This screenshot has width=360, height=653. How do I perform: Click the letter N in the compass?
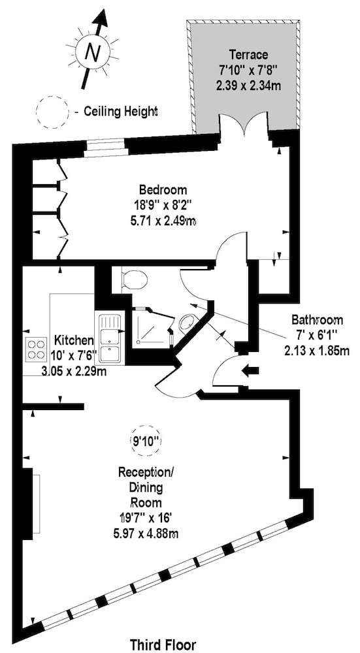[93, 52]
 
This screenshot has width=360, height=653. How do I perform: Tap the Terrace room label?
[248, 54]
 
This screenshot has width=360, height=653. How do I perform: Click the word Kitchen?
[74, 340]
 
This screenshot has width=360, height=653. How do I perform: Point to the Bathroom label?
[317, 320]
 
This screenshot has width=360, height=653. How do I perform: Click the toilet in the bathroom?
[134, 279]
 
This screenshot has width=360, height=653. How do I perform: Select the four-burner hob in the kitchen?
[36, 349]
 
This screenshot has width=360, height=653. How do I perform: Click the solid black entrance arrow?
[250, 370]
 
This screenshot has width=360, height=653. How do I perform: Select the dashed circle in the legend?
[52, 111]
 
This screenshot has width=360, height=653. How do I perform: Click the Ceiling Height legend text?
[120, 112]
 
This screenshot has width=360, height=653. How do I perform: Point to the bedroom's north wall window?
[104, 148]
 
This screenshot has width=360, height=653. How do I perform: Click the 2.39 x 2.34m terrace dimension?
[248, 86]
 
